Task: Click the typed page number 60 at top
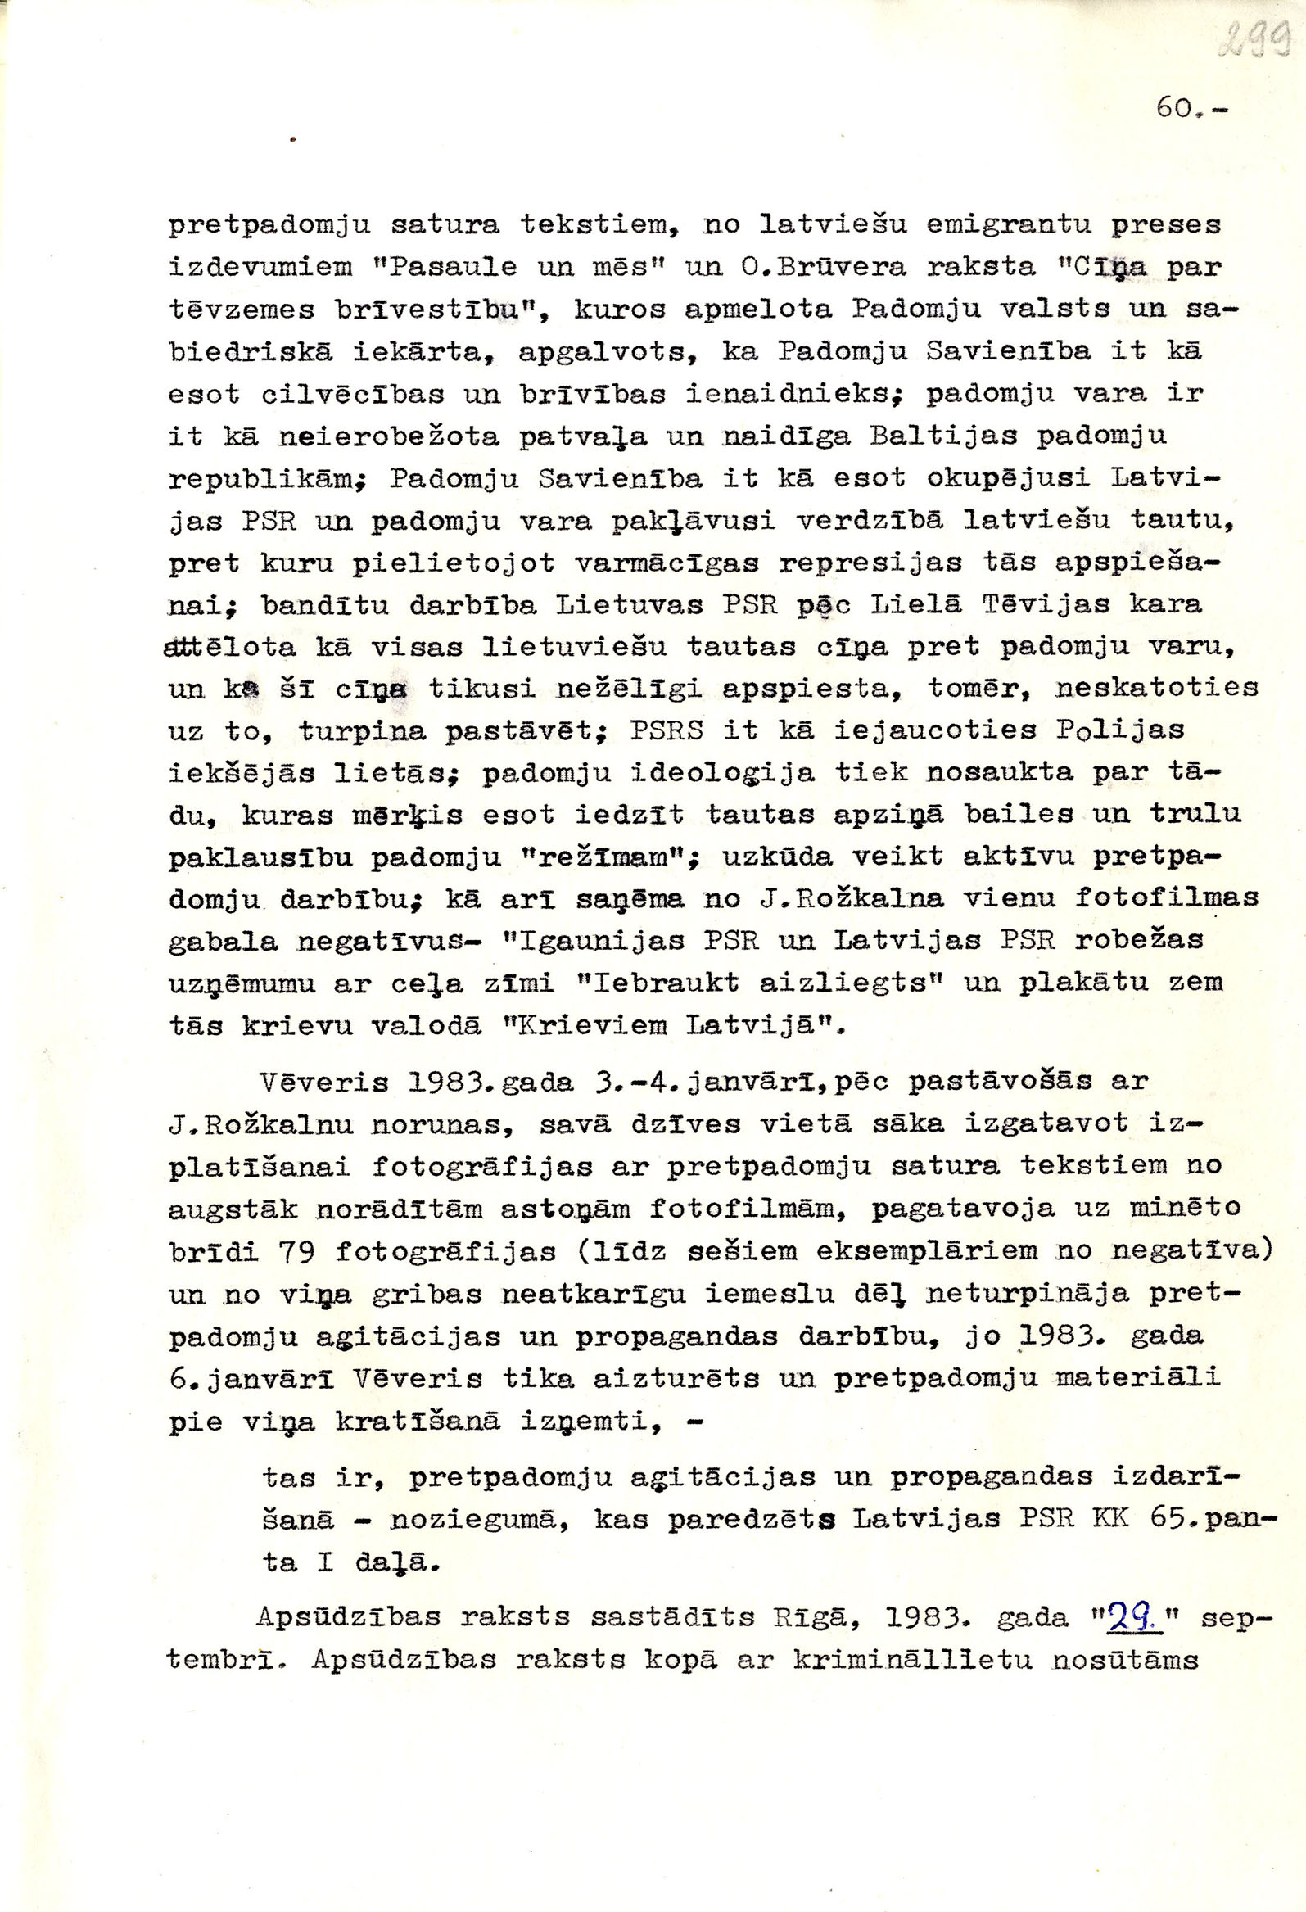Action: pyautogui.click(x=1175, y=108)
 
